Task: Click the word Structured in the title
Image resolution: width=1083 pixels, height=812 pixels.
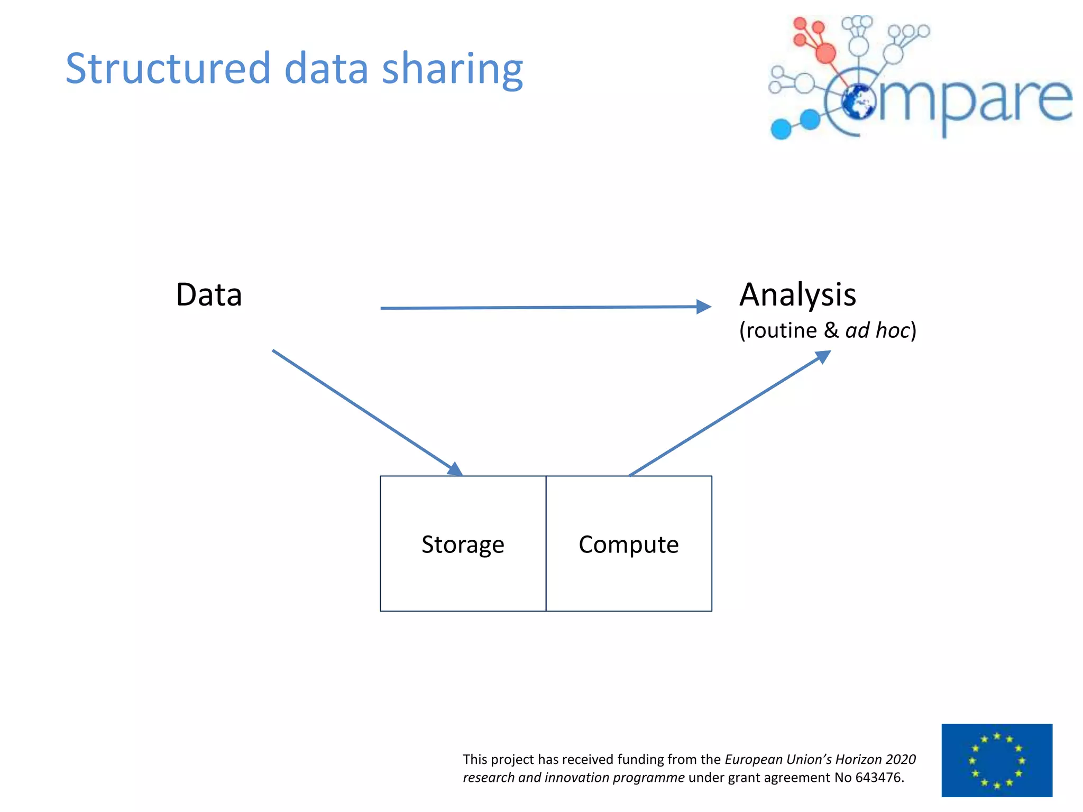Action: [168, 69]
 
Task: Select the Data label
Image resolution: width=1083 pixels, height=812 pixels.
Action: [209, 295]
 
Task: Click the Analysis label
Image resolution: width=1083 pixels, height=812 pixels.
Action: [797, 295]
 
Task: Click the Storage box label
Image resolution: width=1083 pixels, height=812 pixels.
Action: [463, 545]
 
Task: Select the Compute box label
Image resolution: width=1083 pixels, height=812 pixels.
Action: [628, 545]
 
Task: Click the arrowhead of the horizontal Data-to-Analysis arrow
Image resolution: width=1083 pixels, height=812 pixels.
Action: [704, 307]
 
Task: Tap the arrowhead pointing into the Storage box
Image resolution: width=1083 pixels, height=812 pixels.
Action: [455, 469]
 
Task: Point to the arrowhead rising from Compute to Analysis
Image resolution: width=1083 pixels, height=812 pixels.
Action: [823, 356]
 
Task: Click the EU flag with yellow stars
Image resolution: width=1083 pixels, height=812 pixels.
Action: [997, 760]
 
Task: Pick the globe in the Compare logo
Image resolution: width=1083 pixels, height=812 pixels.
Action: [858, 101]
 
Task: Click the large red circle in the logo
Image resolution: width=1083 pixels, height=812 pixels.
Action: [825, 53]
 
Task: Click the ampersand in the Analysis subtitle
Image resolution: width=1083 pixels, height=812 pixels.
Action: [831, 330]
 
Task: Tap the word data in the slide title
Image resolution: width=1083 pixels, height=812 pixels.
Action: [326, 69]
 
